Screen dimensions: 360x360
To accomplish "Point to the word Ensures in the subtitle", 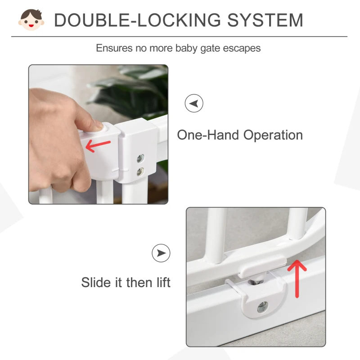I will pyautogui.click(x=114, y=48).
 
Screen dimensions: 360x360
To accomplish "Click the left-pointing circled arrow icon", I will pyautogui.click(x=194, y=103).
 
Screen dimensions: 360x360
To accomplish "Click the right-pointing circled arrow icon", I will pyautogui.click(x=161, y=253).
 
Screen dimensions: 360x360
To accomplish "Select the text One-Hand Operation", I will pyautogui.click(x=239, y=135).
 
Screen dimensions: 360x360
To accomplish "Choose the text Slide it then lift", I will pyautogui.click(x=126, y=283).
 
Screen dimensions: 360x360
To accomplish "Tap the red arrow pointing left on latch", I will pyautogui.click(x=98, y=145).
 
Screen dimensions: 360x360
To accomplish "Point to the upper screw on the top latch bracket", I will pyautogui.click(x=141, y=158).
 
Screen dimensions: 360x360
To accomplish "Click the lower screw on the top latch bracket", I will pyautogui.click(x=141, y=171).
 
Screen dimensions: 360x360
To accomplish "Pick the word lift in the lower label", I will pyautogui.click(x=163, y=283).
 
